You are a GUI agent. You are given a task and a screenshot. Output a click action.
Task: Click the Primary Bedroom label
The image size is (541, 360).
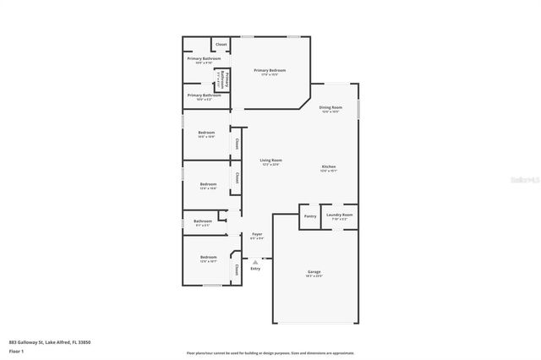[270, 70]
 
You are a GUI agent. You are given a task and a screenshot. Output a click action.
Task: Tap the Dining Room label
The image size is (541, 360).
[331, 107]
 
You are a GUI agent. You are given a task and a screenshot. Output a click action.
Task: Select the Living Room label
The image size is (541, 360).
[270, 160]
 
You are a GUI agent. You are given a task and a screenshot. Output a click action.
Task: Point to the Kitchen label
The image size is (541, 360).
[329, 166]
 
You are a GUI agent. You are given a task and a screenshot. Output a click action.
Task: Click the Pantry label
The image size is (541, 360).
[309, 215]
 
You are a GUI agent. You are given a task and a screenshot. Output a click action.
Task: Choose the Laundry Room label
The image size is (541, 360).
[341, 215]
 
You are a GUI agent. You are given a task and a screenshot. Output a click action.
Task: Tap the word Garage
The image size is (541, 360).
[314, 271]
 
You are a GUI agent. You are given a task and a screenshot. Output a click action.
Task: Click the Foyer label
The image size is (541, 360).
[257, 234]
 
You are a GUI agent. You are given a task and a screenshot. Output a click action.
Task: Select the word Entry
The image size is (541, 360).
[255, 268]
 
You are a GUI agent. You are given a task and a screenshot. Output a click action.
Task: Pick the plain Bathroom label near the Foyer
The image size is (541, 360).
[204, 221]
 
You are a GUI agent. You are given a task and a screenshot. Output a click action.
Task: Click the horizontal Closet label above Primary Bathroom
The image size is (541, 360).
[221, 44]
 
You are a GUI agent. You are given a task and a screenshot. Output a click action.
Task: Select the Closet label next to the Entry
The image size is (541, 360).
[237, 270]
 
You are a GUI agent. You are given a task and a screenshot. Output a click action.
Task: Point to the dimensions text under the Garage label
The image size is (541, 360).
[314, 276]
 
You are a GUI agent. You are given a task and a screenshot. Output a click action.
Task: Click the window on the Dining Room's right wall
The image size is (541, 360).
[358, 109]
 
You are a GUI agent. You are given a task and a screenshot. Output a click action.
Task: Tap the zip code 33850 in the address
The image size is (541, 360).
[83, 341]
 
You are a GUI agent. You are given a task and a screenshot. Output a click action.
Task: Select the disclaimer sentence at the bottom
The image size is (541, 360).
[270, 353]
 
